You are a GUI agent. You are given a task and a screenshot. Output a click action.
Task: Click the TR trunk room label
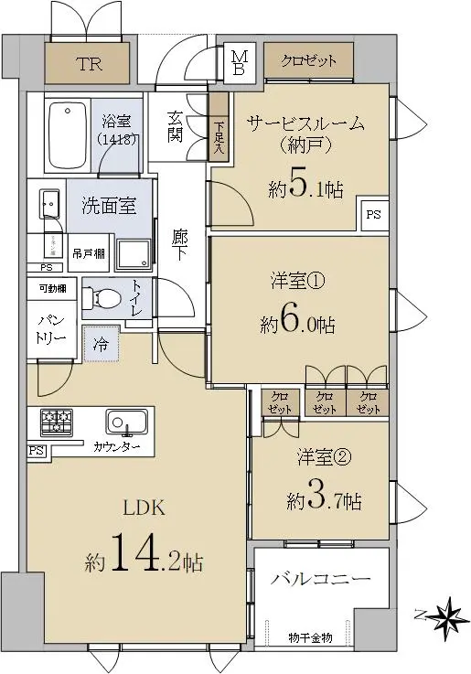(90, 64)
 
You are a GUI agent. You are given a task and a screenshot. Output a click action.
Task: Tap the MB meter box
(239, 63)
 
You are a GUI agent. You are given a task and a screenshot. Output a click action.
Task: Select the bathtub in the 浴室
(67, 135)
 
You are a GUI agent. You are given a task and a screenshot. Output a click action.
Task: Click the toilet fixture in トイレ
(102, 297)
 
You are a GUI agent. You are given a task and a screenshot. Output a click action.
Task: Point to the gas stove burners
(57, 421)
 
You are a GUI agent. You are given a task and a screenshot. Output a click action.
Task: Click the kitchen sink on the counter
(127, 422)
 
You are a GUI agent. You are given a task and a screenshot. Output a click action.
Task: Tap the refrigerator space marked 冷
(101, 344)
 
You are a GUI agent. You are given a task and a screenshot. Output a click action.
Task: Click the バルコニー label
(320, 579)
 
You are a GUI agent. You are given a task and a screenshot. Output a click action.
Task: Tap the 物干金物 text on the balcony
(310, 637)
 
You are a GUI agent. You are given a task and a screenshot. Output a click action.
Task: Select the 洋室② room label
(324, 457)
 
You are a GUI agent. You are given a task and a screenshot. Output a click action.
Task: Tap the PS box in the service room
(374, 214)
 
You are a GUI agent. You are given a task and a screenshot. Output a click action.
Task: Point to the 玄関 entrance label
(176, 127)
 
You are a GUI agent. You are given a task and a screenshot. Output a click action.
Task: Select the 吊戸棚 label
(89, 253)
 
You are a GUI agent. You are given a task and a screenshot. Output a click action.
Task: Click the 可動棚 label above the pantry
(53, 288)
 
